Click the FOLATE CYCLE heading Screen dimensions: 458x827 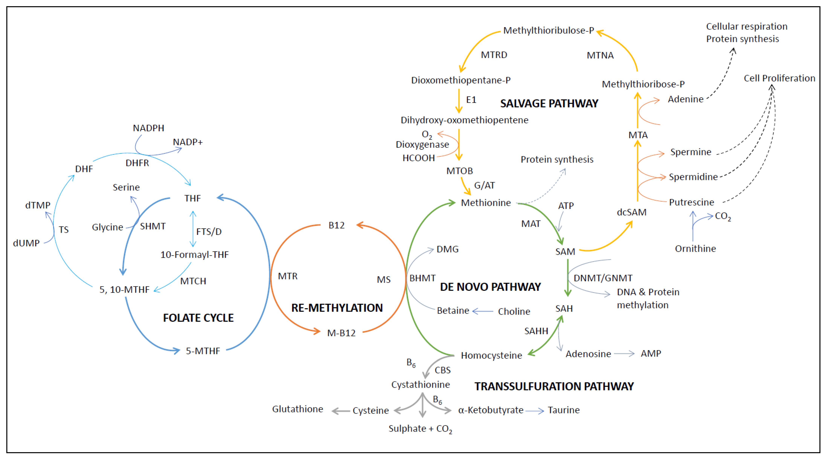coord(198,318)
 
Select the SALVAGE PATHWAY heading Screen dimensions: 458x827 coord(549,103)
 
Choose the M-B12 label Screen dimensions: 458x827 coord(341,333)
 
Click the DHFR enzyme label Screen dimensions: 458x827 coord(137,163)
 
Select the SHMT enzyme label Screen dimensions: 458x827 coord(152,226)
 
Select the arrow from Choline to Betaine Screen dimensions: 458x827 coord(483,311)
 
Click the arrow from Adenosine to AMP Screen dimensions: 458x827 coord(624,354)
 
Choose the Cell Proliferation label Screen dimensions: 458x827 coord(779,78)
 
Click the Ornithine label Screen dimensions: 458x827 coord(695,248)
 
